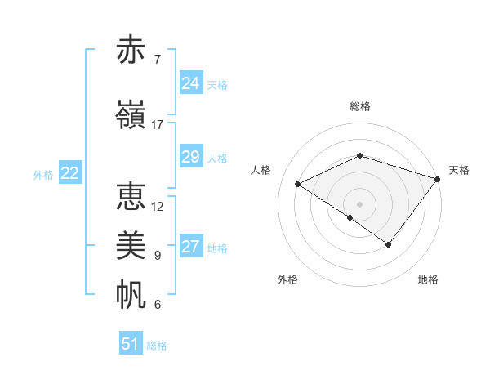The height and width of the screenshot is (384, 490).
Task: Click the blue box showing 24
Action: click(190, 83)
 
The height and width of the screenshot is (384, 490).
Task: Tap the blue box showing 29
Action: click(190, 157)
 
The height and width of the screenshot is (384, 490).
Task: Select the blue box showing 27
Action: click(190, 247)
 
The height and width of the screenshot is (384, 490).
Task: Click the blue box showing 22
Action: click(69, 173)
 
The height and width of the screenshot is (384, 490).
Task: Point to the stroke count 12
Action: click(158, 207)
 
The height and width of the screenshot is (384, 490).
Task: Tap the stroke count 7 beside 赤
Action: click(157, 60)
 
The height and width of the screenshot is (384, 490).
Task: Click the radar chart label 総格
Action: click(359, 107)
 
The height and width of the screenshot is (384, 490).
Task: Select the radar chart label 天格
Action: click(459, 170)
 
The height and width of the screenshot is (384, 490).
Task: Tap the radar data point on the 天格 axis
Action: click(438, 178)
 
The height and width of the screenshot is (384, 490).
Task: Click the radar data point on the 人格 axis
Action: click(298, 185)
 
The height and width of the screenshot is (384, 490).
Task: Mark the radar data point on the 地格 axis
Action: click(389, 244)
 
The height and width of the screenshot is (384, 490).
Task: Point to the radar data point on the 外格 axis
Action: click(350, 217)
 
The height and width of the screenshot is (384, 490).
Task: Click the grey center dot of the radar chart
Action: click(359, 203)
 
